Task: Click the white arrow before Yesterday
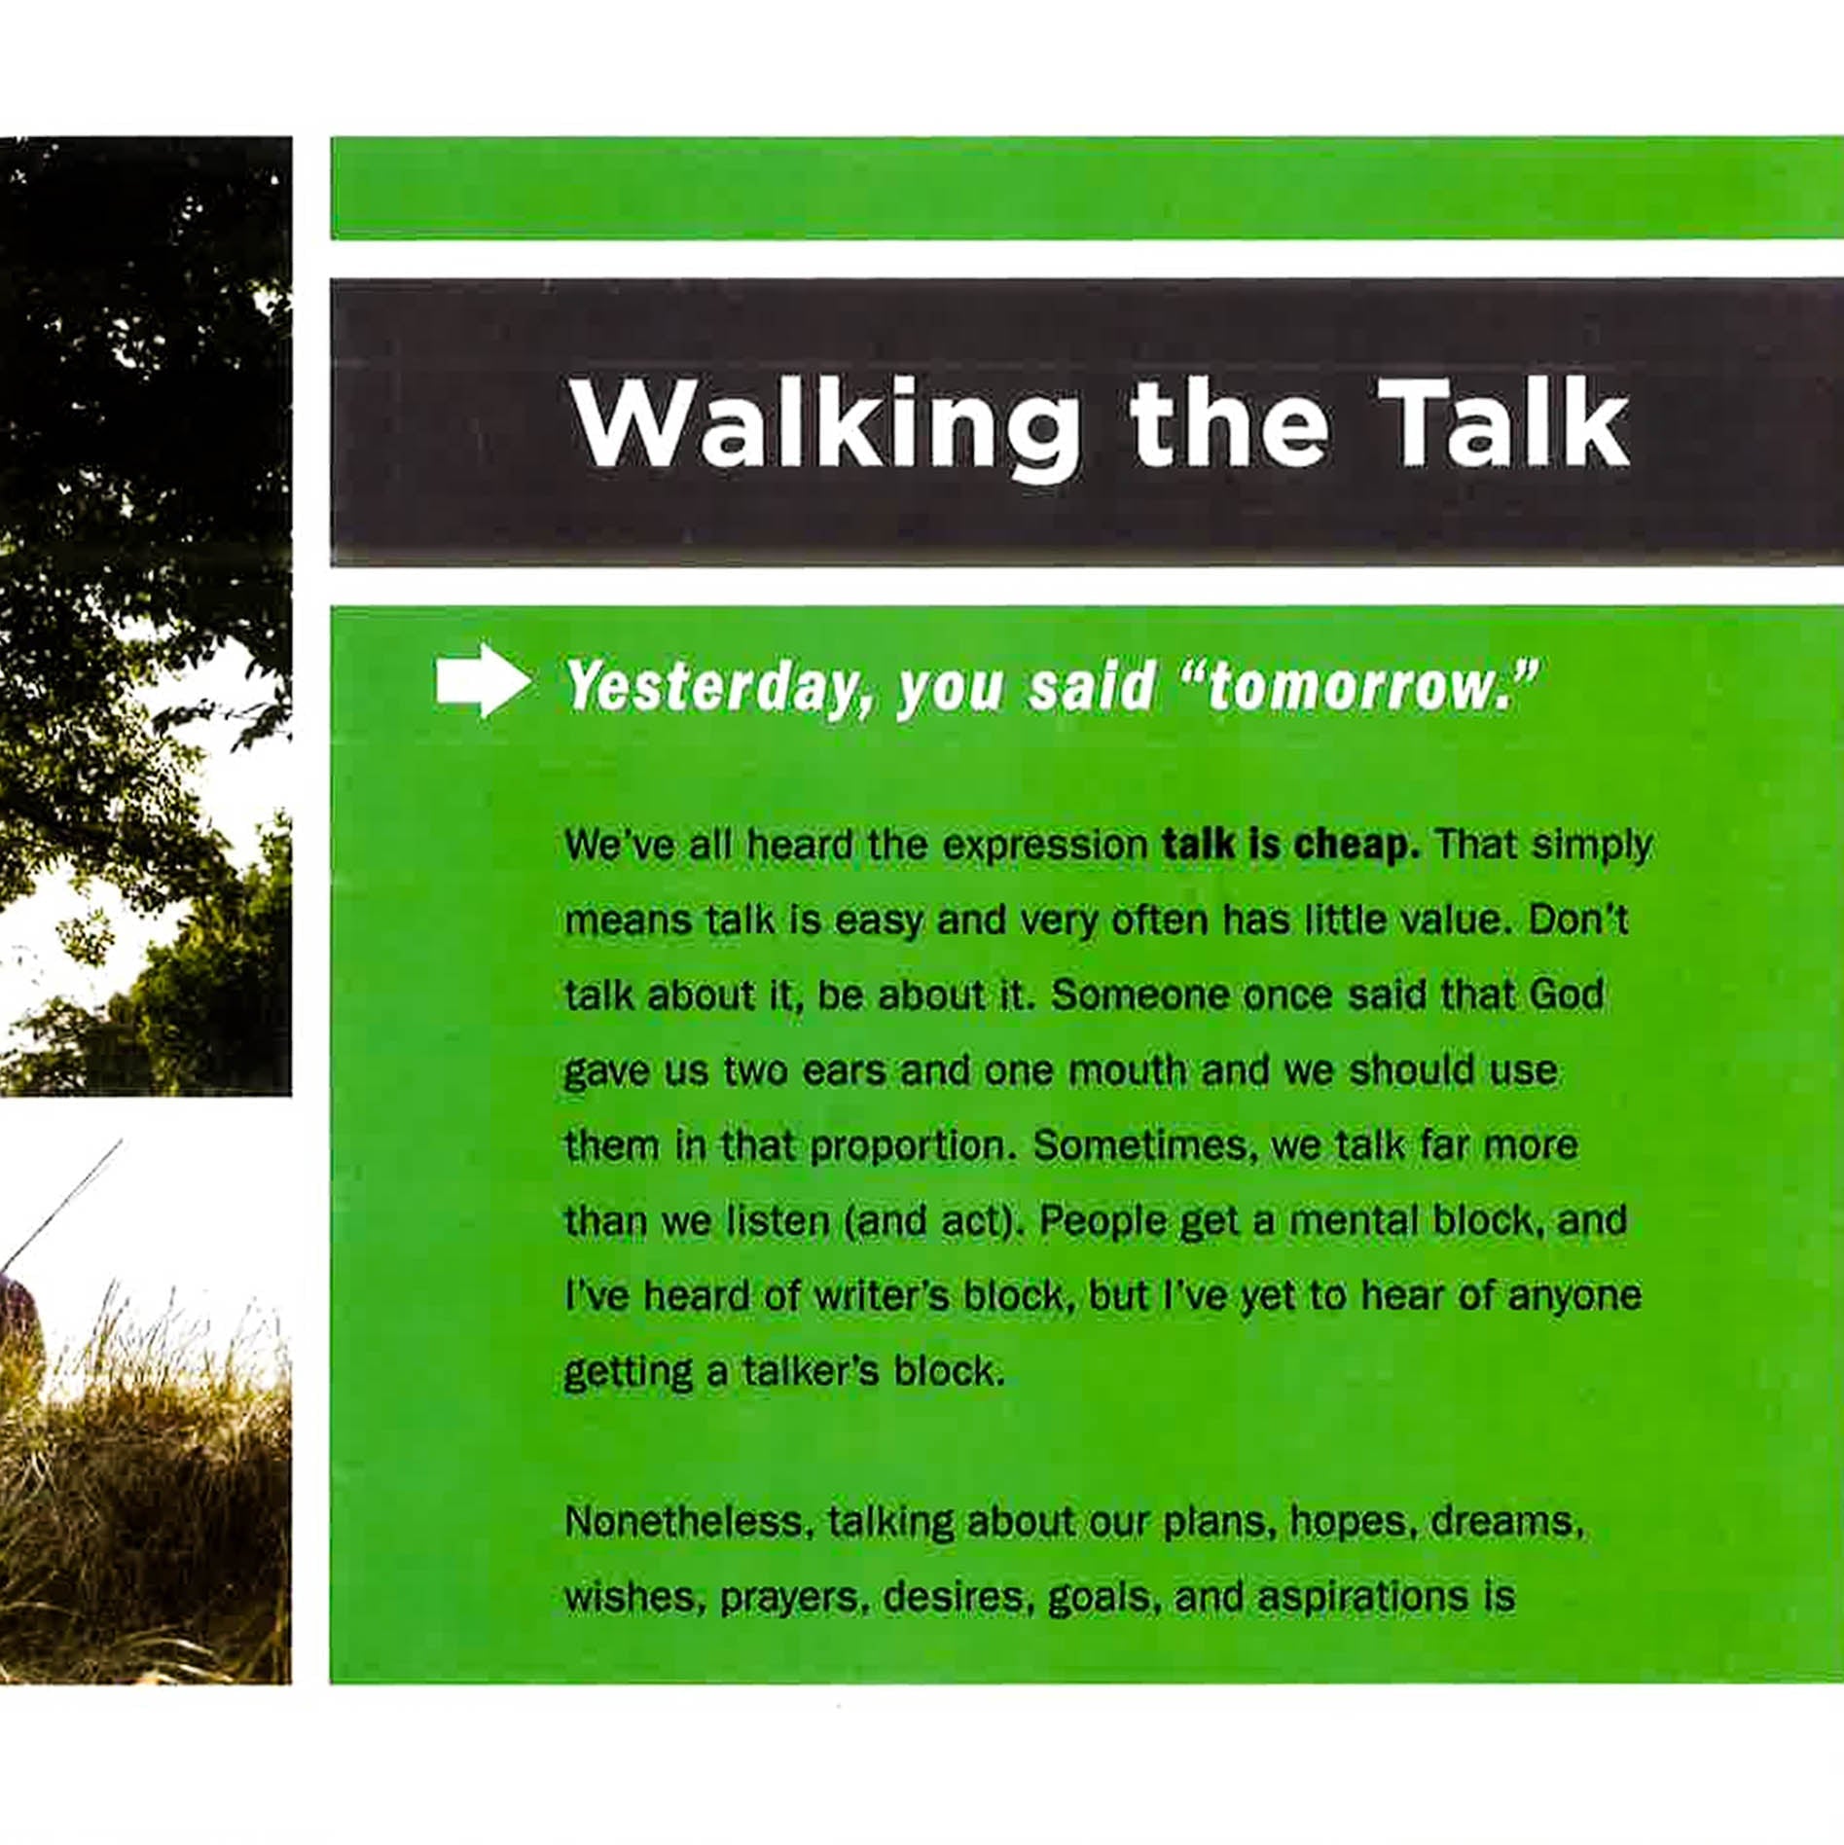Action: [x=484, y=681]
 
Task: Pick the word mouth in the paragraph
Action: [x=1127, y=1070]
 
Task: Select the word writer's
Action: [x=881, y=1296]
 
